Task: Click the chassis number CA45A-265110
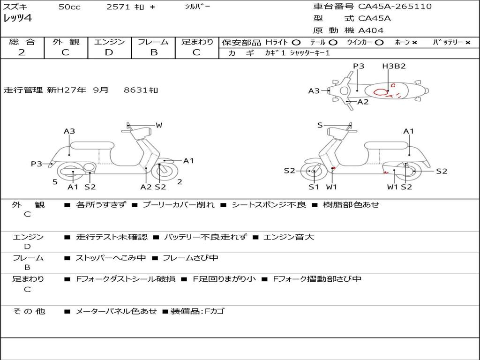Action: [395, 7]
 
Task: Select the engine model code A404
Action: [371, 30]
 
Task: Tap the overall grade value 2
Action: [22, 52]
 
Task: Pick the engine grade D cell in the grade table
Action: [109, 52]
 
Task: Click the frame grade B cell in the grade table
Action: [153, 52]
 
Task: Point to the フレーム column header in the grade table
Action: [153, 42]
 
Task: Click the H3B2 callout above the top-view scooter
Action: [393, 66]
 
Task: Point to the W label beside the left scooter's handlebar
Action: [159, 125]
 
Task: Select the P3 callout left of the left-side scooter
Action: [37, 164]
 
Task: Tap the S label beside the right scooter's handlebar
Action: [320, 125]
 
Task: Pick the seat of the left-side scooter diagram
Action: [92, 145]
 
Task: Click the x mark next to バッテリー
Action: [468, 42]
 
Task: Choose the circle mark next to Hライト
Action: [296, 42]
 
